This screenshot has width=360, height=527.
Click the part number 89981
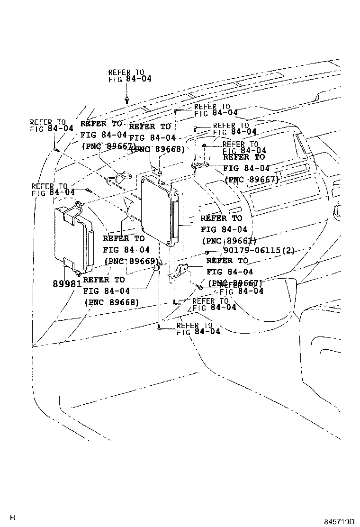67,284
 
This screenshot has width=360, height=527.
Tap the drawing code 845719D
339,521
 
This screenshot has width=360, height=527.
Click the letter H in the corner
12,518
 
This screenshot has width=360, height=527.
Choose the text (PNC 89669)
131,262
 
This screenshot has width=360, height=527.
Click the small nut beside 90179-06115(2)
207,251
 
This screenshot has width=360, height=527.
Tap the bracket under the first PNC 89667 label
117,179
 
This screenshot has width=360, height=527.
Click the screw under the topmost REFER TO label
127,100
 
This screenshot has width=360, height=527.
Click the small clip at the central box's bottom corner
159,263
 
